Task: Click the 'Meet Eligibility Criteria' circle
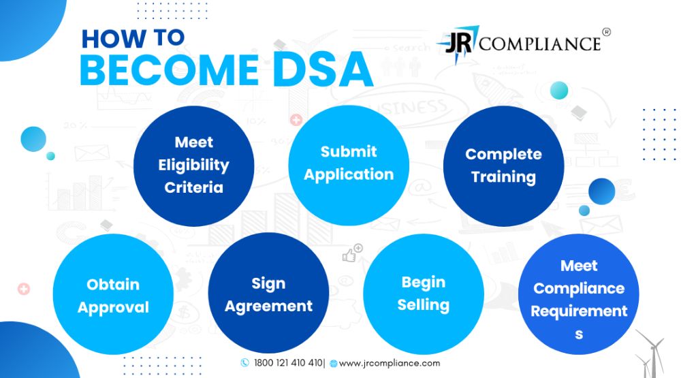[193, 166]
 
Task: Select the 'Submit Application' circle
[349, 166]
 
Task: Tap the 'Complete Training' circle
[504, 166]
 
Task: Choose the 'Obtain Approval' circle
[113, 294]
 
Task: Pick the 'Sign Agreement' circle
[268, 294]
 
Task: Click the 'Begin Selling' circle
[424, 294]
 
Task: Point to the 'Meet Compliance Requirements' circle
[579, 294]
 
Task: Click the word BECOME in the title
[170, 69]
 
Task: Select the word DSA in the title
[323, 69]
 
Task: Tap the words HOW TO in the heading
[133, 38]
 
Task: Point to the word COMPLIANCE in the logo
[540, 44]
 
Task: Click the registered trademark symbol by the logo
[607, 32]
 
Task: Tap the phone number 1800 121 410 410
[288, 363]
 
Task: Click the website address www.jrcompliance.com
[389, 363]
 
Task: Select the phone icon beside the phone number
[245, 363]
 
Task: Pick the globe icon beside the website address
[334, 364]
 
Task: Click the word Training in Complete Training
[503, 177]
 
